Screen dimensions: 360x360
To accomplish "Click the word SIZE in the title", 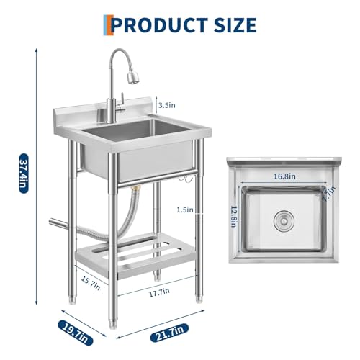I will (233, 25).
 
